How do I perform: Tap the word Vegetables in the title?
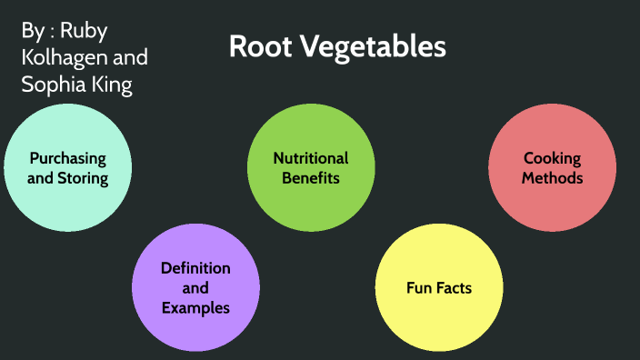pyautogui.click(x=370, y=47)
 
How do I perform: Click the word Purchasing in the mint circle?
pyautogui.click(x=67, y=158)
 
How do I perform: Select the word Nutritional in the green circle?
pyautogui.click(x=311, y=158)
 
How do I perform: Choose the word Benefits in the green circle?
pyautogui.click(x=311, y=178)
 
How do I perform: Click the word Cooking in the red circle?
pyautogui.click(x=552, y=158)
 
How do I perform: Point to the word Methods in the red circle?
pyautogui.click(x=552, y=178)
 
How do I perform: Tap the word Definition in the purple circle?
pyautogui.click(x=195, y=268)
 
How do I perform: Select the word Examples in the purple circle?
pyautogui.click(x=195, y=308)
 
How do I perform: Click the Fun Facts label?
pyautogui.click(x=439, y=288)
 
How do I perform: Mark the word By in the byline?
pyautogui.click(x=31, y=31)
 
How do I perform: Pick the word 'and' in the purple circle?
pyautogui.click(x=195, y=288)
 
